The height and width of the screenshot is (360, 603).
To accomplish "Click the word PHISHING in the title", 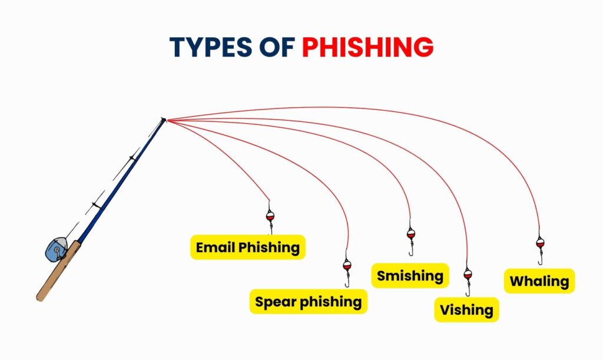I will (x=367, y=47).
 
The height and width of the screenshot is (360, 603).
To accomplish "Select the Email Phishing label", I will (x=247, y=247).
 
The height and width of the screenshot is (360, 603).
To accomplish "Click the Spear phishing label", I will (x=308, y=302).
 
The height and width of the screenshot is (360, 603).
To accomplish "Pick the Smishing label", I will (x=410, y=275).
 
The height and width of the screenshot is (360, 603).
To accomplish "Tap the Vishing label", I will (x=466, y=310).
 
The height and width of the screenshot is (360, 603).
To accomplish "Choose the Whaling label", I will (x=539, y=281).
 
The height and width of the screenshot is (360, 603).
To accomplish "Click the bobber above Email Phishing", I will (x=270, y=216).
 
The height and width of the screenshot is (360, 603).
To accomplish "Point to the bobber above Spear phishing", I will (x=347, y=265).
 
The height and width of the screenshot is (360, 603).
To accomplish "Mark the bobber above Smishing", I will (x=410, y=233).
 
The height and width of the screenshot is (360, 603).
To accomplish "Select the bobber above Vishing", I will (x=468, y=274).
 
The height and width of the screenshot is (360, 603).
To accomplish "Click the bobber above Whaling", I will (x=539, y=242).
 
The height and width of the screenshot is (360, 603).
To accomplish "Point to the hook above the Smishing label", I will (x=410, y=250).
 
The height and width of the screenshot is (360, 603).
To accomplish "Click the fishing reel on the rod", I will (x=55, y=250).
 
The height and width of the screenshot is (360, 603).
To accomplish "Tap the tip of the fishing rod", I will (x=164, y=120).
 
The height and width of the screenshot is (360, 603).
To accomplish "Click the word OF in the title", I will (x=276, y=47).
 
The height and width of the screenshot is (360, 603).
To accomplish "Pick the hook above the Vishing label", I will (x=468, y=290).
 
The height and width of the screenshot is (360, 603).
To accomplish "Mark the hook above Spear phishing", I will (x=347, y=281).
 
